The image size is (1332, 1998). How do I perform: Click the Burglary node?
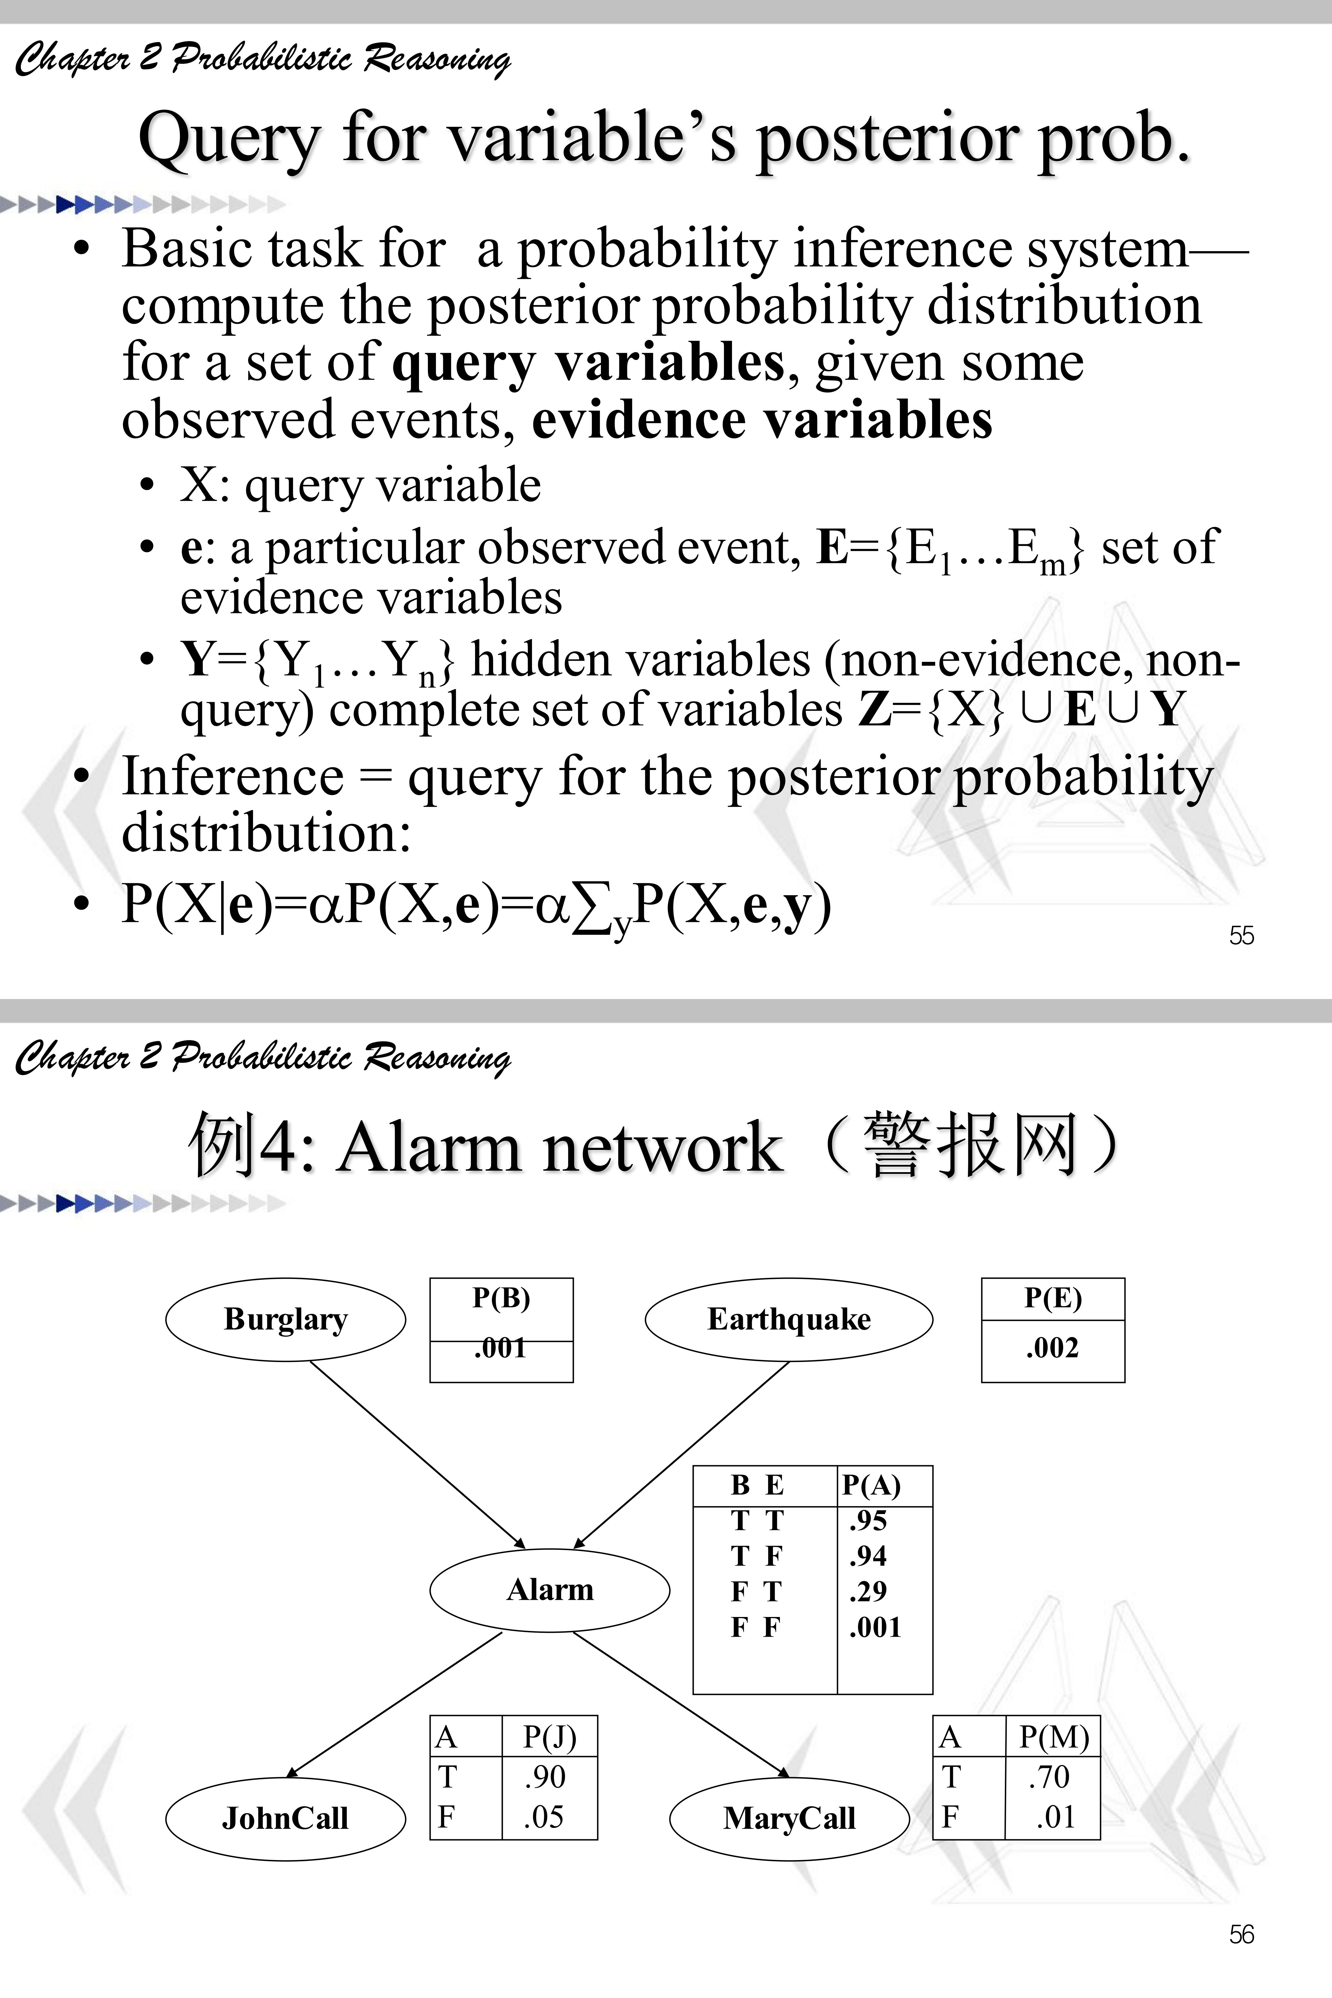(x=286, y=1319)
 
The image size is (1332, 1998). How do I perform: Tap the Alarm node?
(x=550, y=1590)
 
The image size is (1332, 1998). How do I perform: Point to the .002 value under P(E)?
(x=1053, y=1348)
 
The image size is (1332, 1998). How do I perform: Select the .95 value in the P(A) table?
(x=868, y=1521)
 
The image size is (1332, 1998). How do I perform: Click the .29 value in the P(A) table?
(x=868, y=1591)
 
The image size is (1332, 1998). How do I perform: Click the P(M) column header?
(x=1053, y=1737)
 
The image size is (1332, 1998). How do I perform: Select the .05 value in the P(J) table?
(x=544, y=1817)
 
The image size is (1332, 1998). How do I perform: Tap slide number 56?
(x=1241, y=1934)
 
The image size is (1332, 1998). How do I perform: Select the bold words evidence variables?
(x=762, y=420)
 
